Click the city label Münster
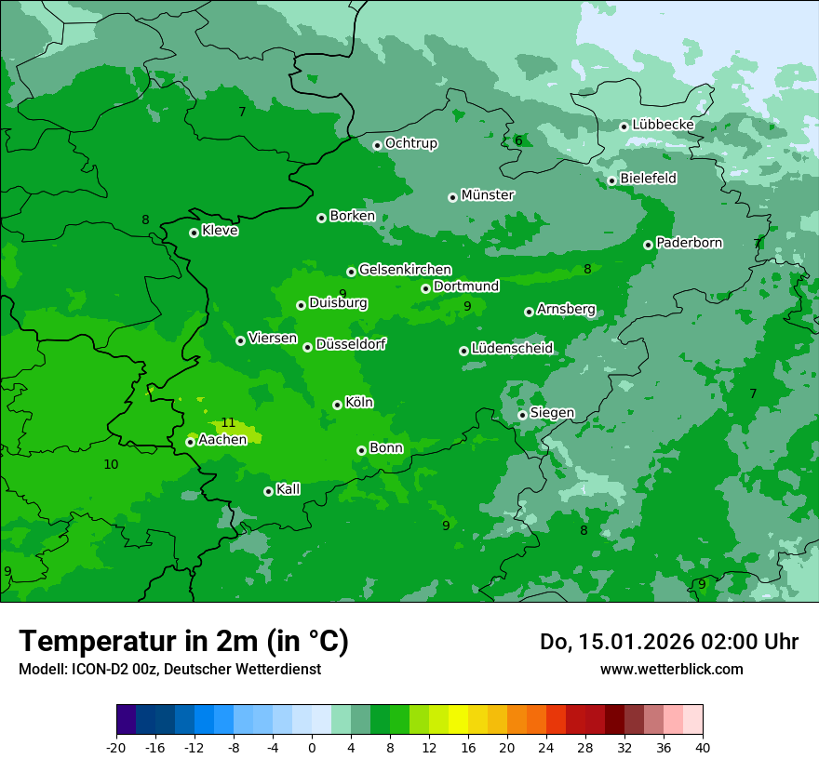pos(487,195)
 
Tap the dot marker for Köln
pos(337,405)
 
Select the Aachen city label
pos(222,440)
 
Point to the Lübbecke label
pos(663,125)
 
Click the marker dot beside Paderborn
pos(648,245)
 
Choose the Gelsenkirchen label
pos(405,270)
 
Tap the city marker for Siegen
pos(522,415)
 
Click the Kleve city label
pos(220,231)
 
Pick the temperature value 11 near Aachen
pos(228,423)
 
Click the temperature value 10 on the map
pos(111,464)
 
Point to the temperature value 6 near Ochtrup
pos(518,141)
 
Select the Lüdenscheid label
pos(512,349)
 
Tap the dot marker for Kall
pos(268,491)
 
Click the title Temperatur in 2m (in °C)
pos(183,642)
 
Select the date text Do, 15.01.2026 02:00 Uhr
pos(669,642)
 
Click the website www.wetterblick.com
pos(671,669)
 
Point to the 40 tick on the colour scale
pos(702,747)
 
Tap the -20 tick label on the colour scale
pos(116,747)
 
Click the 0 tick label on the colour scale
pos(312,747)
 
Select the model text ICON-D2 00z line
pos(169,669)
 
